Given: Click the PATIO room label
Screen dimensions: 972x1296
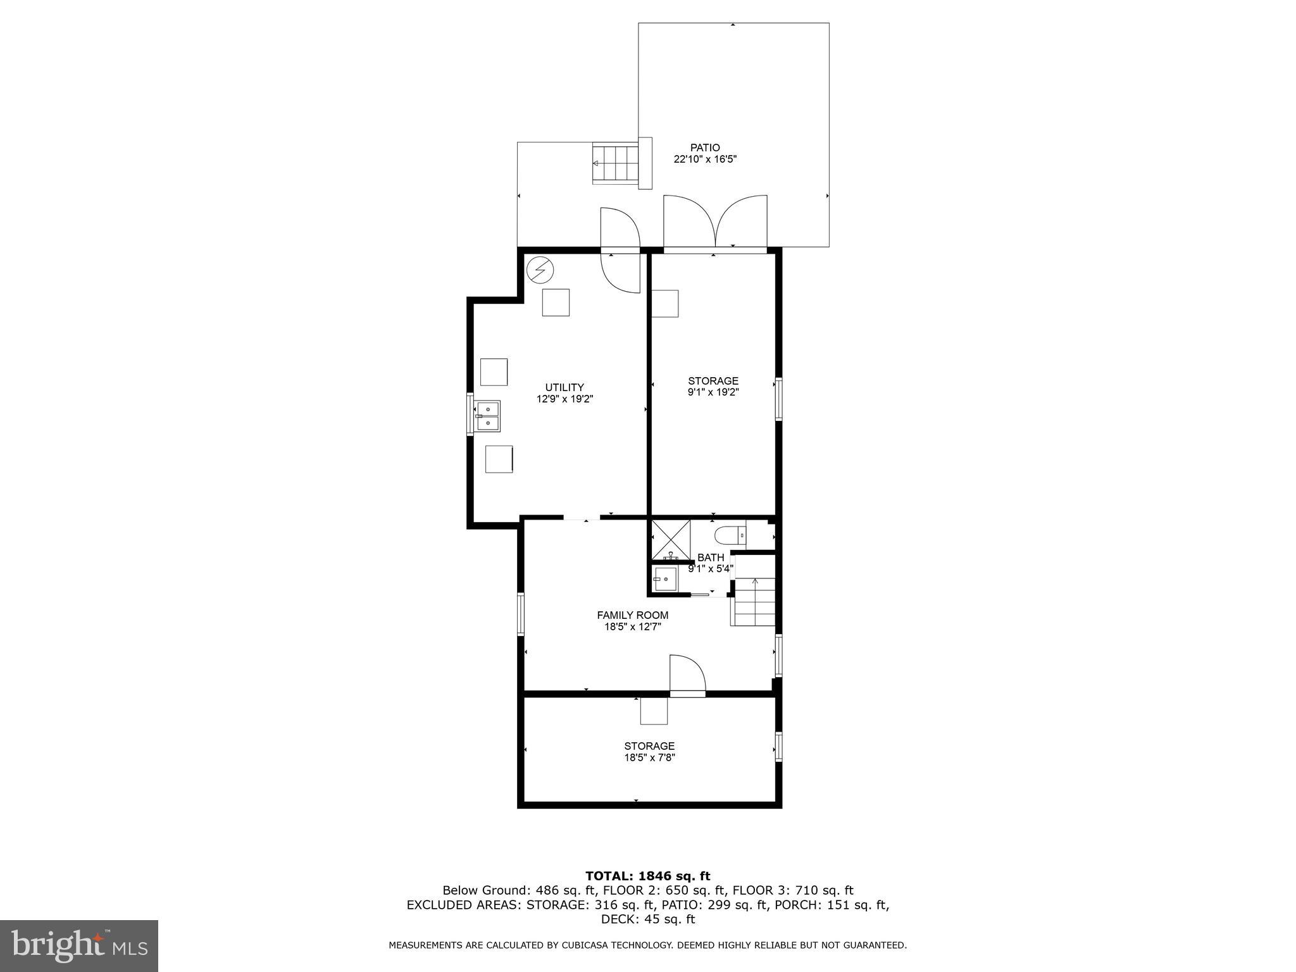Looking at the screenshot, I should coord(705,148).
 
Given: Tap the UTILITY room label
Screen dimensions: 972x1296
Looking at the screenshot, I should coord(564,387).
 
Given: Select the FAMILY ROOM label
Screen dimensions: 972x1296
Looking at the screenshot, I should coord(632,615).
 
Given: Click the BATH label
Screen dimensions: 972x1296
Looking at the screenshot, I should coord(711,558).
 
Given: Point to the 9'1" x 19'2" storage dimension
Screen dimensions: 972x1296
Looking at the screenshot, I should coord(713,392).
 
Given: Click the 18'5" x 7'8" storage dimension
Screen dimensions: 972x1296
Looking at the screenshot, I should coord(649,757).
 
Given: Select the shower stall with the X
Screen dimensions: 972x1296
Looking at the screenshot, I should coord(671,540).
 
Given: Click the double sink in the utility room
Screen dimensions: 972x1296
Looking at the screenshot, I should coord(488,416).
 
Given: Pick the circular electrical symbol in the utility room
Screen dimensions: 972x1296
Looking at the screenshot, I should coord(540,271).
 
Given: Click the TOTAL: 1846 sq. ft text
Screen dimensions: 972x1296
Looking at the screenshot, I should coord(647,876).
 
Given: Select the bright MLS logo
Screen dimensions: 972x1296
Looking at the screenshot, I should coord(79,945).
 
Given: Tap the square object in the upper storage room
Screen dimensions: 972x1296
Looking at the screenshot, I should coord(665,303).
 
